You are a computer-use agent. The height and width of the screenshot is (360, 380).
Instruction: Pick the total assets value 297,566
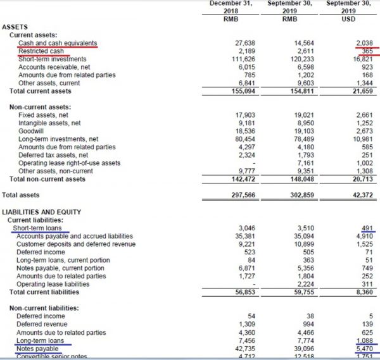[241, 196]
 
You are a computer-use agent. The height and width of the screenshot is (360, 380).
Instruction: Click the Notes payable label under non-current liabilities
[37, 349]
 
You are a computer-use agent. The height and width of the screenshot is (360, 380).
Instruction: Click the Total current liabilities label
[47, 292]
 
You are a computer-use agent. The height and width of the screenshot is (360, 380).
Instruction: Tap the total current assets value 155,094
[241, 91]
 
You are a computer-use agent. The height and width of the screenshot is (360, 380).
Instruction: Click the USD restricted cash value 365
[369, 50]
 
